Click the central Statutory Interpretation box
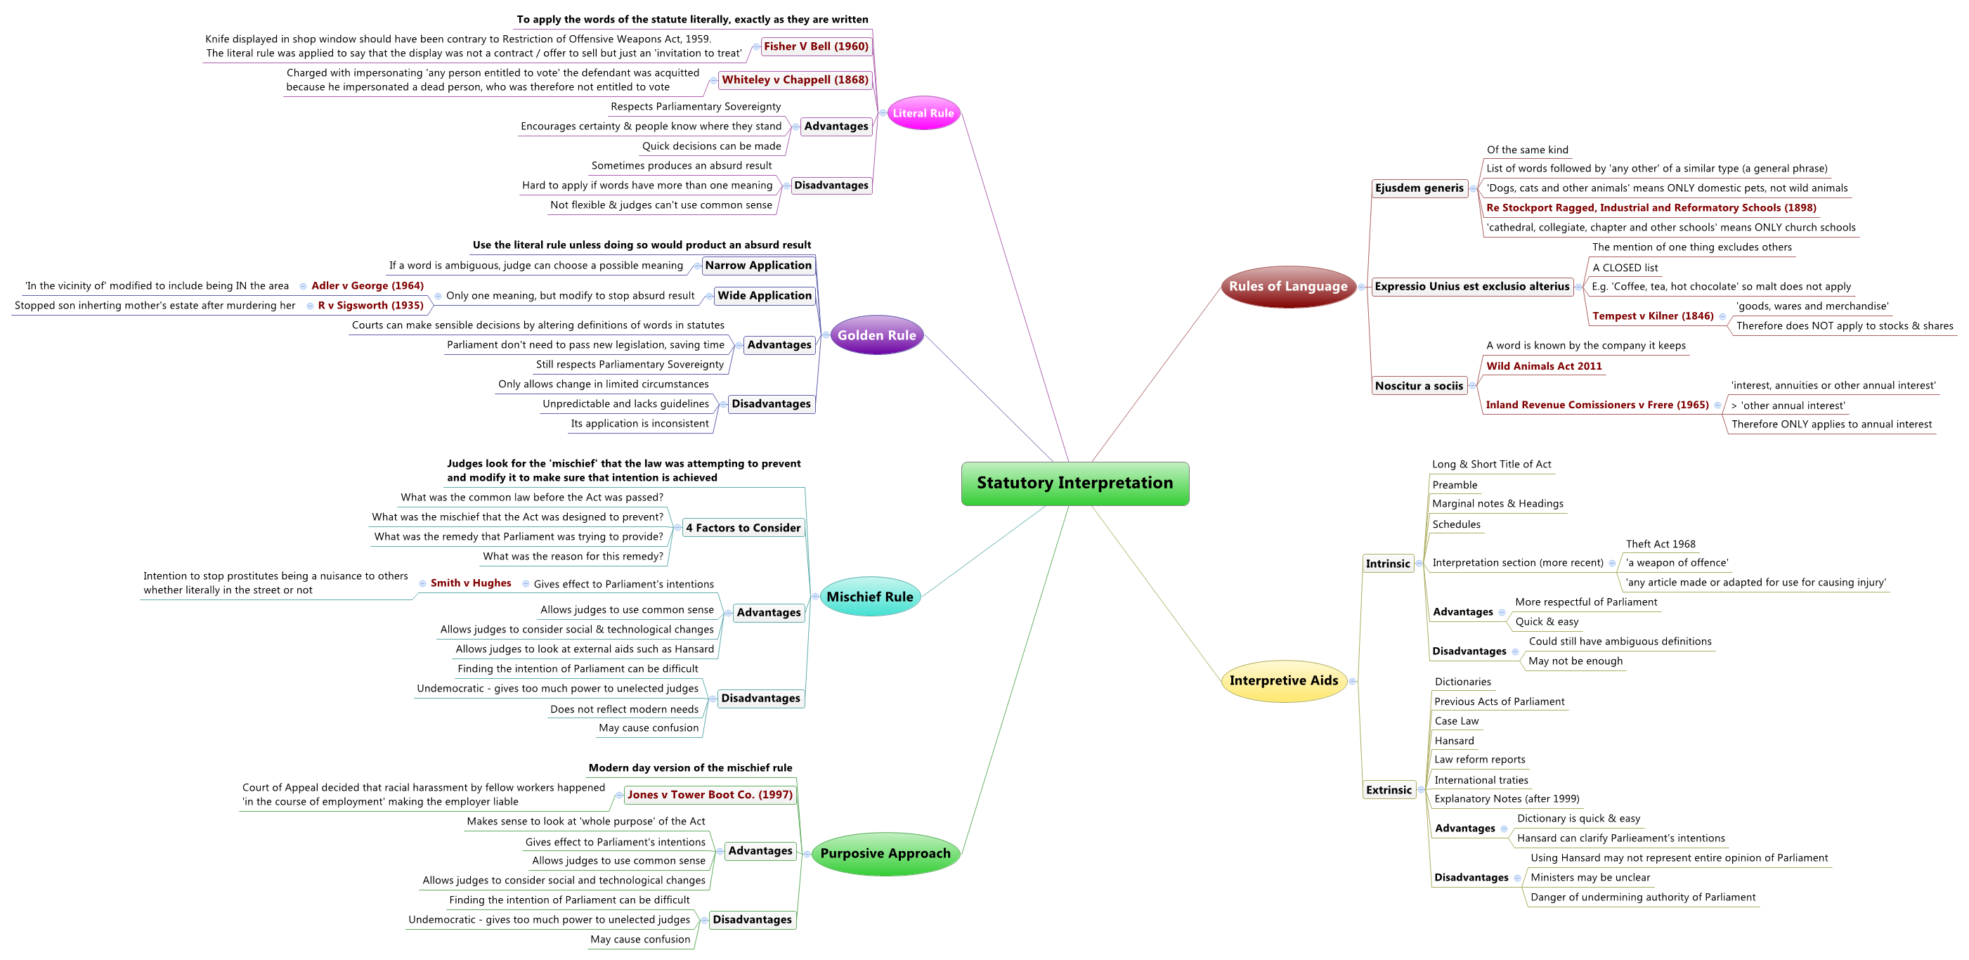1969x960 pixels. (x=1074, y=483)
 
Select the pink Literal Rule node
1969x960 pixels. (x=923, y=113)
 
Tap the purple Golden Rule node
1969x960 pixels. (x=877, y=335)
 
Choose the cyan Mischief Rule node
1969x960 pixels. (x=870, y=597)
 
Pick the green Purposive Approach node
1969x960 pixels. (x=885, y=853)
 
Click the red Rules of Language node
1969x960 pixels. (x=1288, y=287)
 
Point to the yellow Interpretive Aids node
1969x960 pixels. (x=1283, y=680)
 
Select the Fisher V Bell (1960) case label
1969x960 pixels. (x=816, y=46)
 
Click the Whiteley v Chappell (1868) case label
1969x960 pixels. (x=795, y=79)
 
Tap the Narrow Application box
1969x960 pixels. (x=758, y=265)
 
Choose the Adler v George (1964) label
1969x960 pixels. (x=368, y=286)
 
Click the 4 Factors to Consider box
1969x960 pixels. (x=743, y=527)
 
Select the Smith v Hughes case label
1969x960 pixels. (x=471, y=583)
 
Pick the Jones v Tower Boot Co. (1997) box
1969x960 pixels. (x=710, y=795)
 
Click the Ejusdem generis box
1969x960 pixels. (x=1419, y=188)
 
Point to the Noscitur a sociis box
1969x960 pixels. (x=1419, y=386)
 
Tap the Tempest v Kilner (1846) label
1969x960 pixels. (x=1653, y=316)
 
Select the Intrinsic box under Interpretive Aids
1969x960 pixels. (x=1387, y=564)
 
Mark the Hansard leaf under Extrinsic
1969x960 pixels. (x=1454, y=741)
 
